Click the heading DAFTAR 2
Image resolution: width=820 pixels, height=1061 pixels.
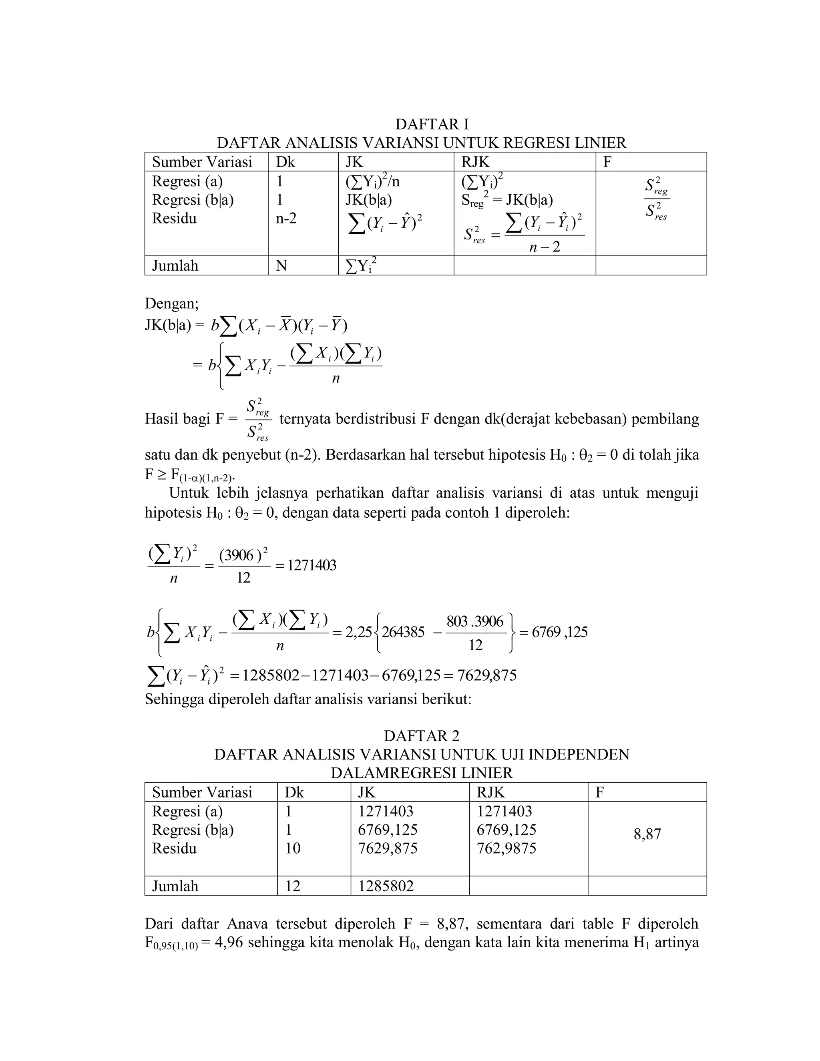point(421,736)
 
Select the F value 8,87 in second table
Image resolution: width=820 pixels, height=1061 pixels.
point(647,835)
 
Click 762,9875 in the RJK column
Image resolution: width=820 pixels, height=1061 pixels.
point(506,848)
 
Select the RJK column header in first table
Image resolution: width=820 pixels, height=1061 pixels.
point(476,162)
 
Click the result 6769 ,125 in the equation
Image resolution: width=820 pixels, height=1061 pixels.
point(560,632)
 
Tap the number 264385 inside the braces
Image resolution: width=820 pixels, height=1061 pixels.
point(403,632)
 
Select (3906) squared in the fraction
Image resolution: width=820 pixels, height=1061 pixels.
point(243,555)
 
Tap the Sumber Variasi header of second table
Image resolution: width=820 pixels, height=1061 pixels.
point(202,792)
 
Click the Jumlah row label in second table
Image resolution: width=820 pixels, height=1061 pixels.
point(175,886)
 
